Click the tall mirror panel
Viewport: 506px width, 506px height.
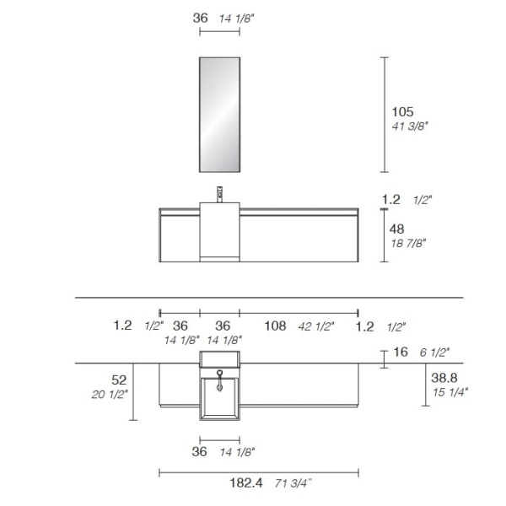[x=219, y=115]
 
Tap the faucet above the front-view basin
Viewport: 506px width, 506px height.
[x=220, y=194]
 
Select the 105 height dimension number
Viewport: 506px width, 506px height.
[x=402, y=112]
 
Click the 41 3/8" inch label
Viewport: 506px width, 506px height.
[x=410, y=126]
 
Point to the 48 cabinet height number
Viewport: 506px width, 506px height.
[x=396, y=229]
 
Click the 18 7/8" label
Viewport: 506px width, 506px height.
[x=408, y=243]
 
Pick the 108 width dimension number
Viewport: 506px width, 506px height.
[x=275, y=326]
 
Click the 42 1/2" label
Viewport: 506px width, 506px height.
[x=316, y=326]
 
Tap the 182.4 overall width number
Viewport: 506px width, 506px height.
[x=246, y=483]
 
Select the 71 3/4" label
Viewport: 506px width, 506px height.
[x=293, y=483]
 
